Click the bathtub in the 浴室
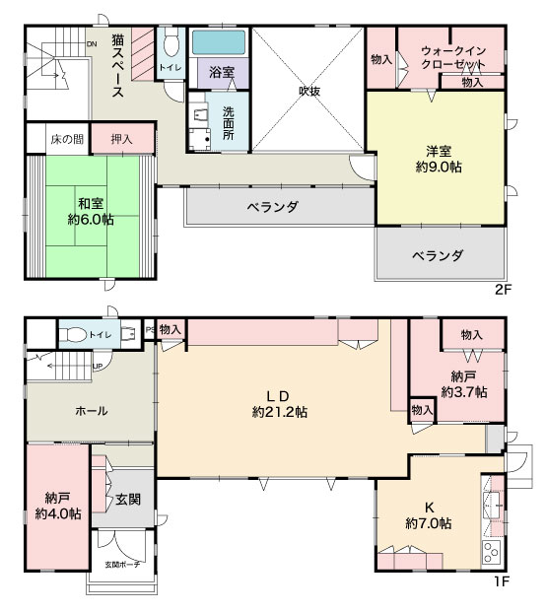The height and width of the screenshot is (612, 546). (219, 42)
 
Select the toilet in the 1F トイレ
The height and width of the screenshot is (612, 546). (73, 334)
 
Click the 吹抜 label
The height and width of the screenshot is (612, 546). (309, 91)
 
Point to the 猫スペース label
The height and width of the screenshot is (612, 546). (117, 66)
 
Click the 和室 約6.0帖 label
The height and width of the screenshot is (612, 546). (91, 212)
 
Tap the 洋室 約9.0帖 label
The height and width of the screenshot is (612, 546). (439, 159)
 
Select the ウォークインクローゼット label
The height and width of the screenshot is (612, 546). (453, 57)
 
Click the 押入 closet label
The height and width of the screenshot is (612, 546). (122, 139)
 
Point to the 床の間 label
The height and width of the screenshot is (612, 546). (67, 139)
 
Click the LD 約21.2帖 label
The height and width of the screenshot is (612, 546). (280, 404)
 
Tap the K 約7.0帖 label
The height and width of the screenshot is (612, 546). (429, 515)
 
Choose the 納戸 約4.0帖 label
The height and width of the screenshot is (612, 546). (58, 506)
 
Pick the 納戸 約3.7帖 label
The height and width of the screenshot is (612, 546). (464, 384)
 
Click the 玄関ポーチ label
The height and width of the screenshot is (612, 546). (122, 565)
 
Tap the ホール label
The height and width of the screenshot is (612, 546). (92, 411)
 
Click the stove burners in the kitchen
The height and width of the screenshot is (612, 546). (492, 552)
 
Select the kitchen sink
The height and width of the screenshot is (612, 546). (493, 505)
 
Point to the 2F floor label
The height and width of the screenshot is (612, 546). (503, 290)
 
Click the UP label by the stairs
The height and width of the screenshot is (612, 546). (98, 366)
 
